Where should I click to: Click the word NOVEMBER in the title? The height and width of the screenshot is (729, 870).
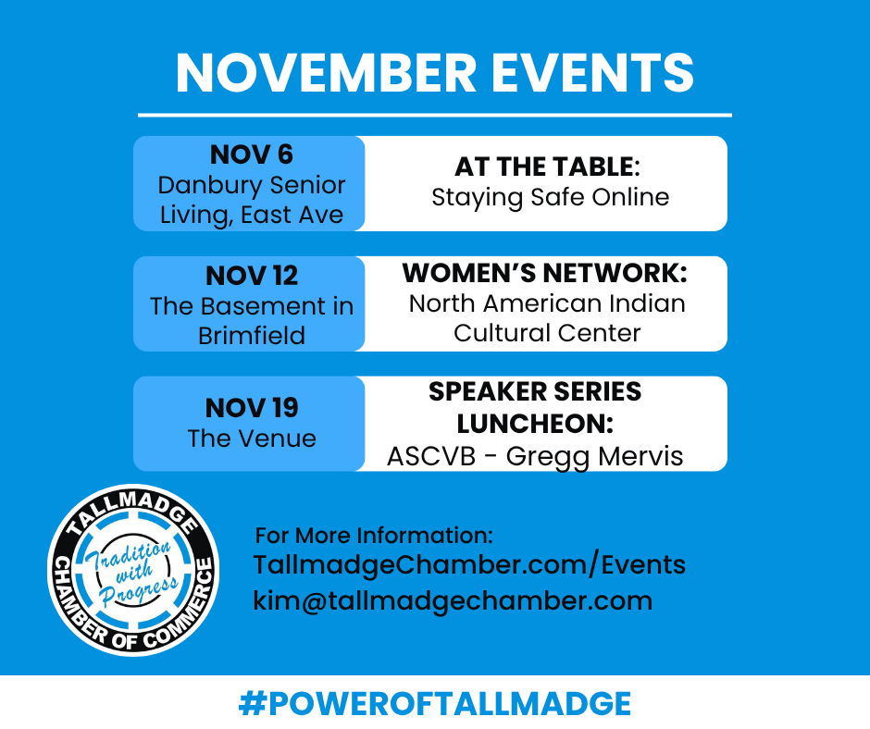pyautogui.click(x=326, y=73)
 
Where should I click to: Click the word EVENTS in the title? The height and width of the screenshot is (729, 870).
pyautogui.click(x=593, y=73)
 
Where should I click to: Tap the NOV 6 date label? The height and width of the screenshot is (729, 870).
pyautogui.click(x=252, y=154)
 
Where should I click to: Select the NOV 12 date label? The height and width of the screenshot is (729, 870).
pyautogui.click(x=252, y=276)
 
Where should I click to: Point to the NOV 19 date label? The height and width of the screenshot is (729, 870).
pyautogui.click(x=252, y=408)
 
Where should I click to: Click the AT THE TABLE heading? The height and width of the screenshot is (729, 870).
pyautogui.click(x=547, y=167)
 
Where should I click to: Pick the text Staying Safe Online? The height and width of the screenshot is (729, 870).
pyautogui.click(x=551, y=197)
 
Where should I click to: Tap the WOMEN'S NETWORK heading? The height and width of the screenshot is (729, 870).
pyautogui.click(x=545, y=273)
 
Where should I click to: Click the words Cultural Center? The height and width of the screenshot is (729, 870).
pyautogui.click(x=547, y=333)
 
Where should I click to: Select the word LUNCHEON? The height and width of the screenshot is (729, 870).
pyautogui.click(x=535, y=424)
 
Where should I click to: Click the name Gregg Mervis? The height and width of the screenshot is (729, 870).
pyautogui.click(x=594, y=457)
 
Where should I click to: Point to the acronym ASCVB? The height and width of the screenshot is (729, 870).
pyautogui.click(x=431, y=457)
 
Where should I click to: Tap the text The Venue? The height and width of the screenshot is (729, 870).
pyautogui.click(x=252, y=439)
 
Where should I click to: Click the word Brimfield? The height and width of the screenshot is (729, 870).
pyautogui.click(x=252, y=336)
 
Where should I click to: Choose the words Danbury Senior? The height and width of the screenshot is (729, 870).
pyautogui.click(x=252, y=185)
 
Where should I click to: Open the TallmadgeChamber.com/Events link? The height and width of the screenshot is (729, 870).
pyautogui.click(x=469, y=565)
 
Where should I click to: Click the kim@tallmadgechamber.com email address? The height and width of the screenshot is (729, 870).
pyautogui.click(x=453, y=600)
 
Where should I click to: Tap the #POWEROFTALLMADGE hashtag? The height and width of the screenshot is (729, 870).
pyautogui.click(x=435, y=703)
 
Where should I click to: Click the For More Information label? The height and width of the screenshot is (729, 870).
pyautogui.click(x=374, y=536)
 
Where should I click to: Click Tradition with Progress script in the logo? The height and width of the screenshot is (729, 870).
pyautogui.click(x=134, y=572)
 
